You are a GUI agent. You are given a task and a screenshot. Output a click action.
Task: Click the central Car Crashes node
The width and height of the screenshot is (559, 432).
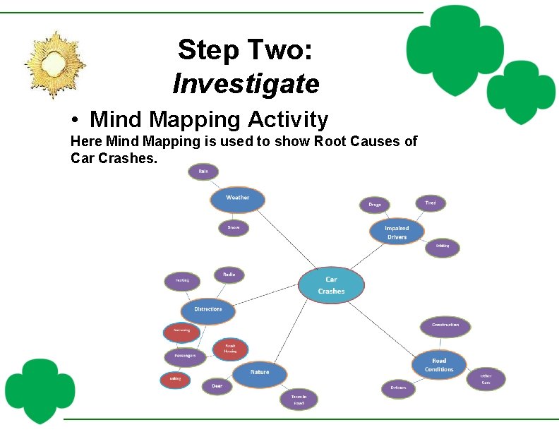pyautogui.click(x=331, y=285)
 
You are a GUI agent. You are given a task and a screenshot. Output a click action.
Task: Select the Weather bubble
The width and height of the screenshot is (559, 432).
pyautogui.click(x=237, y=198)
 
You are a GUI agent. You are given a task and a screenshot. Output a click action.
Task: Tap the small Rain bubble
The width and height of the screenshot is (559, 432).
pyautogui.click(x=203, y=172)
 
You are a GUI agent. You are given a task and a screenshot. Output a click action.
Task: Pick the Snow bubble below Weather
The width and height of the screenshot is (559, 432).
pyautogui.click(x=233, y=228)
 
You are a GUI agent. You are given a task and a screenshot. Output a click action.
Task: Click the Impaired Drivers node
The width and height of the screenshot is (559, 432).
pyautogui.click(x=397, y=232)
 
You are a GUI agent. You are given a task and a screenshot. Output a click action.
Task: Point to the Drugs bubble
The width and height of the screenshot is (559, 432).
pyautogui.click(x=374, y=205)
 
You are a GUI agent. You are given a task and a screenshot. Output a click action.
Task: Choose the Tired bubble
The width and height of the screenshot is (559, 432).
pyautogui.click(x=430, y=203)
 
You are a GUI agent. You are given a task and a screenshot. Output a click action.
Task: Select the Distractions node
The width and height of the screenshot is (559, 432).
pyautogui.click(x=208, y=309)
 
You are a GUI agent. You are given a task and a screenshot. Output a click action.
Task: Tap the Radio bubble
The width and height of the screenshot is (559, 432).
pyautogui.click(x=229, y=275)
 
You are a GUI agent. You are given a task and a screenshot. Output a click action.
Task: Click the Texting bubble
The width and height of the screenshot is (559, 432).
pyautogui.click(x=182, y=281)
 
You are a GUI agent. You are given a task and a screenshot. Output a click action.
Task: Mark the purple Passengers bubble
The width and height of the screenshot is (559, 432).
pyautogui.click(x=185, y=356)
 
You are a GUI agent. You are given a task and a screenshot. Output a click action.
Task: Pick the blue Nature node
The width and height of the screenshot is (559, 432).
pyautogui.click(x=260, y=373)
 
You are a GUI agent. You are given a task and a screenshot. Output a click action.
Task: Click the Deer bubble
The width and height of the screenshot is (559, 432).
pyautogui.click(x=217, y=386)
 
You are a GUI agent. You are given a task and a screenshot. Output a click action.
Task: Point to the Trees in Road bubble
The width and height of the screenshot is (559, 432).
pyautogui.click(x=299, y=400)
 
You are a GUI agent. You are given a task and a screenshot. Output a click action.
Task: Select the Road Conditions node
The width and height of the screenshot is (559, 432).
pyautogui.click(x=439, y=365)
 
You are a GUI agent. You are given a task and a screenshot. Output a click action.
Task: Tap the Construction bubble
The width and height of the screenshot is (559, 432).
pyautogui.click(x=445, y=325)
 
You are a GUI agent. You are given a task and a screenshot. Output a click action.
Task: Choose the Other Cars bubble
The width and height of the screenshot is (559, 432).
pyautogui.click(x=486, y=379)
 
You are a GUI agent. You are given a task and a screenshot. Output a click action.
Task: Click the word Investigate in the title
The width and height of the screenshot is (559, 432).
pyautogui.click(x=246, y=84)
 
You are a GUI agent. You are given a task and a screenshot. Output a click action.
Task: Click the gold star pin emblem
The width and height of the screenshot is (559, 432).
pyautogui.click(x=54, y=64)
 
